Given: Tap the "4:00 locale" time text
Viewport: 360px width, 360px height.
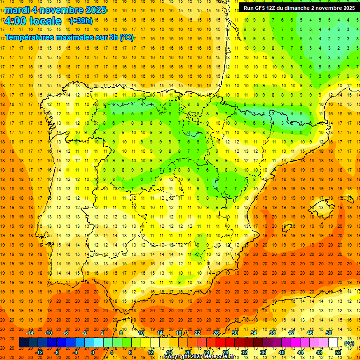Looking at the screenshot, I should coord(33,21).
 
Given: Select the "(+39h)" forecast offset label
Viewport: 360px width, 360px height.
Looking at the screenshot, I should coord(81,21).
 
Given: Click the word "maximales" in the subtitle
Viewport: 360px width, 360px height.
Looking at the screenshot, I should coord(67,37).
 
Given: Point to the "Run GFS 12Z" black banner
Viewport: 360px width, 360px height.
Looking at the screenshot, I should coord(299,7).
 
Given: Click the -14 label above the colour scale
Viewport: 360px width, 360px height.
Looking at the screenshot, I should coord(30,333).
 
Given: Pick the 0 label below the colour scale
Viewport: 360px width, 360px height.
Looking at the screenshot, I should coord(93,352).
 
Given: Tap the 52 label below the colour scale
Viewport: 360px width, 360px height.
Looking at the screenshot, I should coord(338,352).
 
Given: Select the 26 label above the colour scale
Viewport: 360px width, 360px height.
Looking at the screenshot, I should coord(216,333).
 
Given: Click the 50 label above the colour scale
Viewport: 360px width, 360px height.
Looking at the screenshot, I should coord(329,333).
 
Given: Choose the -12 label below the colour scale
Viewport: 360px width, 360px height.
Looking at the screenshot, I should coord(39,352).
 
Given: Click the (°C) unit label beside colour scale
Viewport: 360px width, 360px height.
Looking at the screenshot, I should coord(349,343).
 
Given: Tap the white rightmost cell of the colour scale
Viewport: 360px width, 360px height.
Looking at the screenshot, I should coord(333,343).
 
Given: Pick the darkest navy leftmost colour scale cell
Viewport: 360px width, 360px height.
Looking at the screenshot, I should coord(23,343).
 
